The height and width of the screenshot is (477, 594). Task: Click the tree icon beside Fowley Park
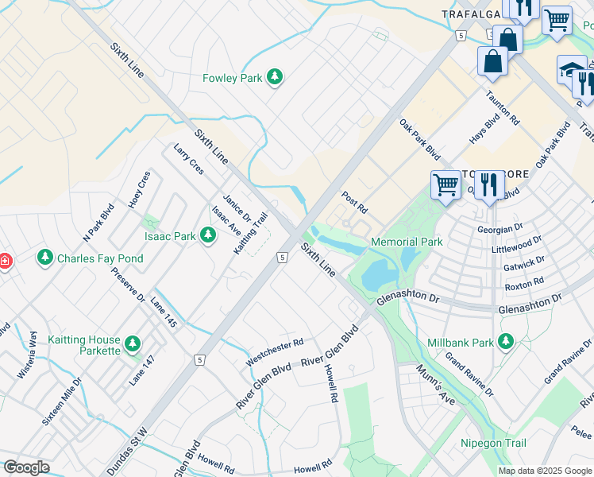275,77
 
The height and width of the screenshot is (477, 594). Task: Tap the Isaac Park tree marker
207,235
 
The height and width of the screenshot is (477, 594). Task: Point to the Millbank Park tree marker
504,342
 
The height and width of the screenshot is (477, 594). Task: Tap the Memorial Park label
406,242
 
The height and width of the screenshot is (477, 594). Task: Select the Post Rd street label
354,202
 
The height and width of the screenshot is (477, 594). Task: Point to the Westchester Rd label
275,353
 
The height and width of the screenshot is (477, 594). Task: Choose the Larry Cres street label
188,159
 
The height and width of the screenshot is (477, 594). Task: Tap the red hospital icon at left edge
4,261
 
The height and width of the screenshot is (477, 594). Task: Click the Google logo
26,467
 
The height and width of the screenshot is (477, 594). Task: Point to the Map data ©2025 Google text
544,471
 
